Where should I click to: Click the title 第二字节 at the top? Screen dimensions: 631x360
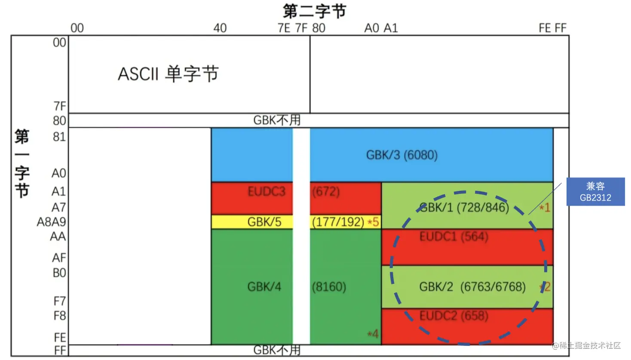click(x=314, y=11)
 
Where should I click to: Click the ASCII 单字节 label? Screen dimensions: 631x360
click(x=168, y=74)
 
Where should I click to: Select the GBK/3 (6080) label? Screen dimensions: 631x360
click(x=402, y=155)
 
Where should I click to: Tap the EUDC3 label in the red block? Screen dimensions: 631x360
click(x=266, y=191)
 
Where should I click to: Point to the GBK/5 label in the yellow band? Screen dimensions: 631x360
click(x=264, y=222)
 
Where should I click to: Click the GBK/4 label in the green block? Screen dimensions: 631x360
click(x=264, y=287)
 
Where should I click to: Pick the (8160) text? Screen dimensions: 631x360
click(x=329, y=287)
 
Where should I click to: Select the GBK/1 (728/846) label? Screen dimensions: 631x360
click(x=464, y=208)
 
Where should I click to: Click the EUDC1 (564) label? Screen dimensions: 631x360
click(x=454, y=237)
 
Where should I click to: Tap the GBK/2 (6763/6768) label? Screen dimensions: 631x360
click(x=472, y=287)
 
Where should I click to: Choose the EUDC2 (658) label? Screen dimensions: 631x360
click(x=454, y=316)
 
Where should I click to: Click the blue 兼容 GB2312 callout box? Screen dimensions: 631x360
click(x=595, y=192)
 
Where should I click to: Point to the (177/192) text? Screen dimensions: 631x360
click(x=338, y=222)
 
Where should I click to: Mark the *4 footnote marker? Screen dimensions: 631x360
click(x=373, y=334)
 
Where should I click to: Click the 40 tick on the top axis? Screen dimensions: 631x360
click(x=220, y=28)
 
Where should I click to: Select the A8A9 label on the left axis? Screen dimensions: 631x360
click(x=52, y=222)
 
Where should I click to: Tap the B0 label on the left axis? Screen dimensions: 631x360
click(x=59, y=273)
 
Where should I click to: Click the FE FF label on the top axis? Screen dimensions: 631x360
click(x=552, y=28)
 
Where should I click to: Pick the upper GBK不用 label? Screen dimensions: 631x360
click(x=277, y=120)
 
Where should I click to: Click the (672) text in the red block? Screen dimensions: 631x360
click(x=326, y=191)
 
